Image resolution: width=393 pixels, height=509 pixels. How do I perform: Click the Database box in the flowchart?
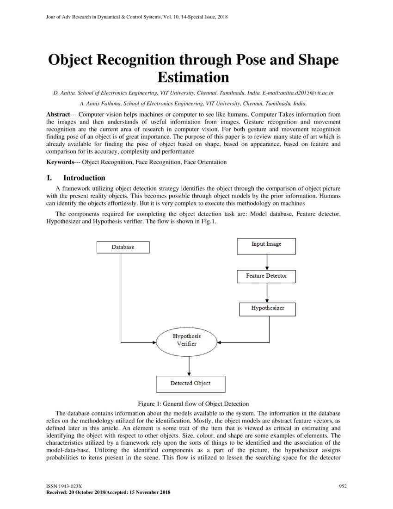(x=123, y=247)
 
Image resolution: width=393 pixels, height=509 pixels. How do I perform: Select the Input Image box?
(x=266, y=244)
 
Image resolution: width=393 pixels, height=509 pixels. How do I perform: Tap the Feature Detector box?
(x=266, y=276)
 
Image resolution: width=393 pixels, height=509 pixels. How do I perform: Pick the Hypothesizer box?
(x=267, y=308)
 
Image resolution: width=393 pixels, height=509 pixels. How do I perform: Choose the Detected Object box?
(x=190, y=384)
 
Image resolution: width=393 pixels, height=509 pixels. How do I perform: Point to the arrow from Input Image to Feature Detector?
(x=267, y=262)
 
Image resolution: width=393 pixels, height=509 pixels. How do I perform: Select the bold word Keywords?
(x=60, y=162)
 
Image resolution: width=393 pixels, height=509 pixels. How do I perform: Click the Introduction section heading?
(x=84, y=178)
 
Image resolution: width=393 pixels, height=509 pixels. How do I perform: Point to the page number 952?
(x=343, y=486)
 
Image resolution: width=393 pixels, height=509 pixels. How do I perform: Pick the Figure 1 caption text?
(x=194, y=403)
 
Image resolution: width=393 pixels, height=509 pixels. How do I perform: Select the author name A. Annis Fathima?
(x=99, y=104)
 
